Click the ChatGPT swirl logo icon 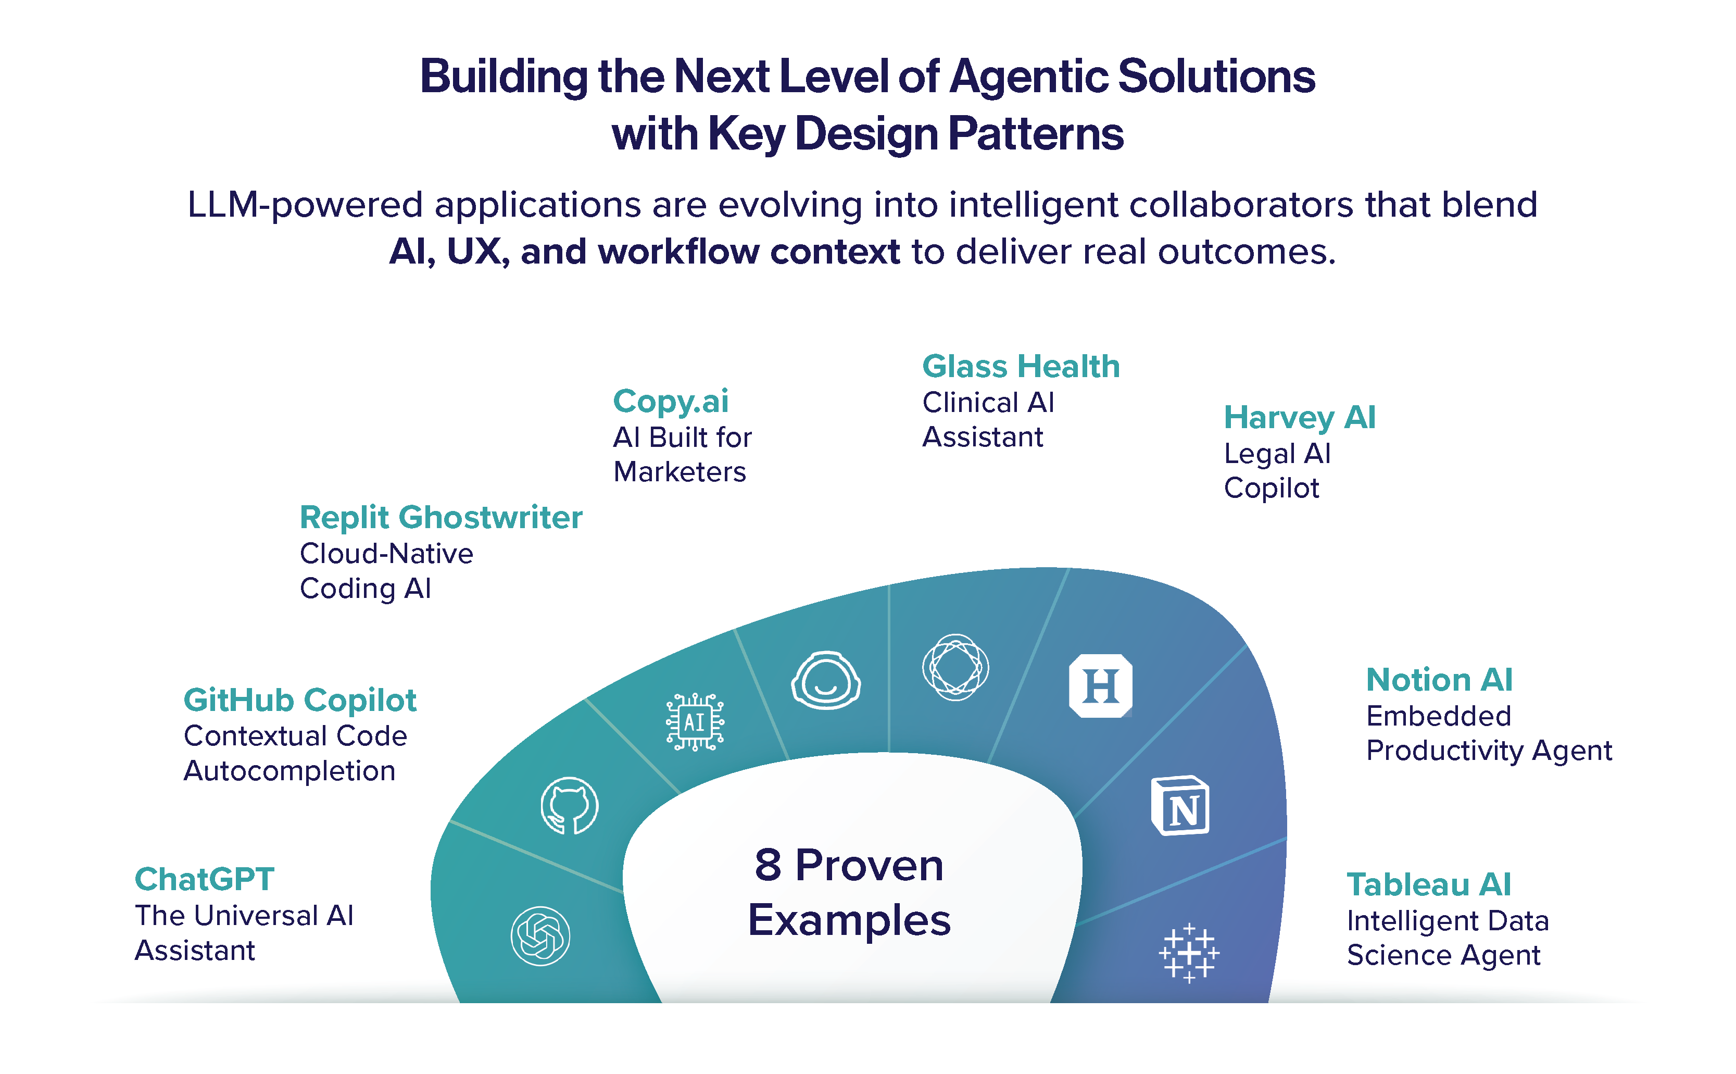coord(540,935)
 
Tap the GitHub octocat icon coord(570,805)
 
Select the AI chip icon coord(695,722)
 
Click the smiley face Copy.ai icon coord(826,680)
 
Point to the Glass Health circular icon coord(955,667)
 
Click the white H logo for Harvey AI coord(1101,685)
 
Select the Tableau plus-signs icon coord(1189,953)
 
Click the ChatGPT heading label coord(205,879)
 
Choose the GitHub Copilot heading coord(299,701)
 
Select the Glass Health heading coord(1020,367)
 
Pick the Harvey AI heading coord(1299,417)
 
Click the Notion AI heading coord(1439,680)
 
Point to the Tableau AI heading coord(1429,884)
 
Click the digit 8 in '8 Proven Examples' coord(768,865)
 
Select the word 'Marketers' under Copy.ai coord(680,472)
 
